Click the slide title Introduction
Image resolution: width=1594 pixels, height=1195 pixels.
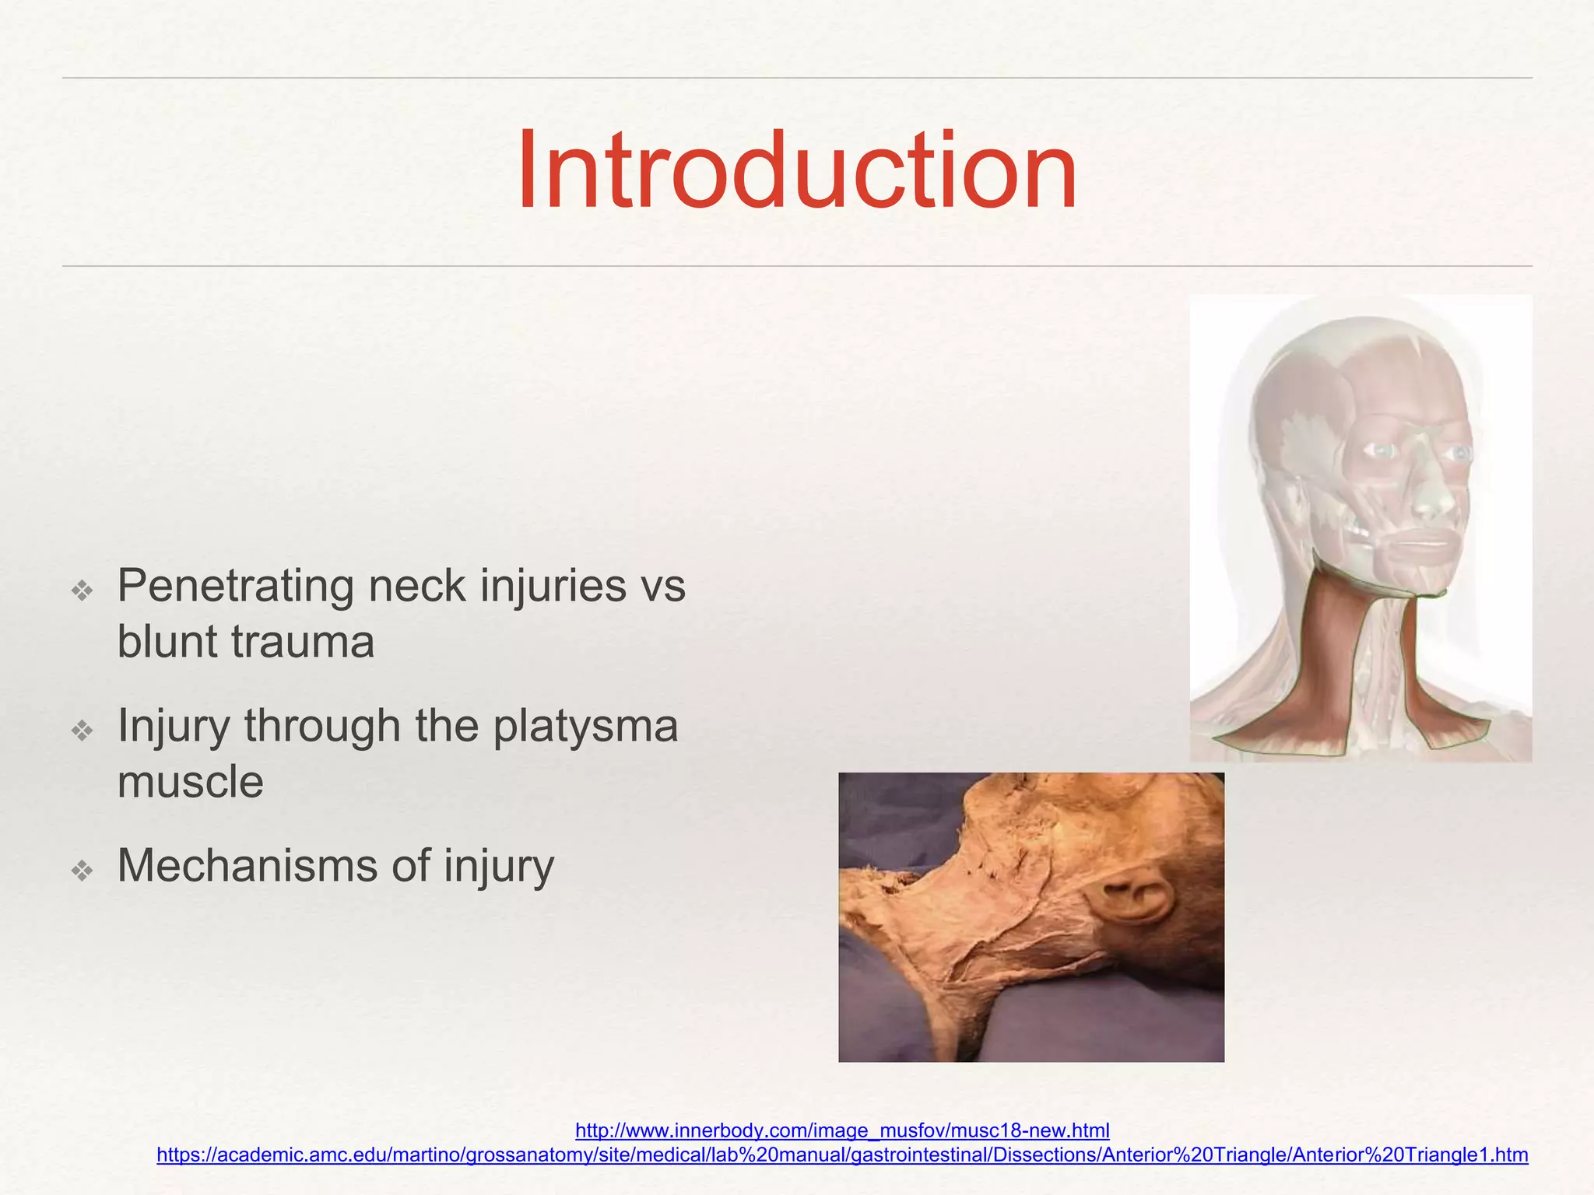pos(796,171)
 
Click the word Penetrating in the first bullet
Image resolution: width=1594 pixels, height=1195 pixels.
pos(235,587)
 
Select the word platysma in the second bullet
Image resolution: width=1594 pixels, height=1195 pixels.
pos(585,727)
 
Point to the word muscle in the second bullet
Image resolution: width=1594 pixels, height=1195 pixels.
pos(190,783)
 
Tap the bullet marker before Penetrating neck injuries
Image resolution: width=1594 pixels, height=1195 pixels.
pos(82,590)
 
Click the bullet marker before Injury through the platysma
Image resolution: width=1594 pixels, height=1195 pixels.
pos(82,731)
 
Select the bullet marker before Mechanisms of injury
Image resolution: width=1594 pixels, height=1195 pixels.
pos(82,870)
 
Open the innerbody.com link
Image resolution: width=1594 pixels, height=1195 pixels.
pos(842,1130)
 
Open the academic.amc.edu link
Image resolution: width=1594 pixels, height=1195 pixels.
pos(842,1155)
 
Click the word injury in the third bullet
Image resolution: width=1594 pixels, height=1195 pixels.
pos(499,867)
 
